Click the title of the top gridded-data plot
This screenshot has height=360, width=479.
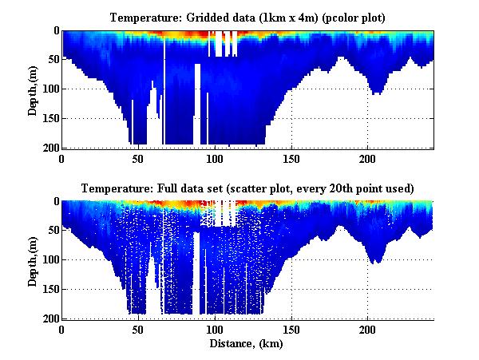click(247, 17)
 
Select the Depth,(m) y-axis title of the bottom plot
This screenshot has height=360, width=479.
click(33, 260)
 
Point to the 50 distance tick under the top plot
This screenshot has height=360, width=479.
click(138, 157)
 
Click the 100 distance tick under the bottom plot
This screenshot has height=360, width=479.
click(215, 329)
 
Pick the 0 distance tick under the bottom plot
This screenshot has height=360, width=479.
click(62, 329)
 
